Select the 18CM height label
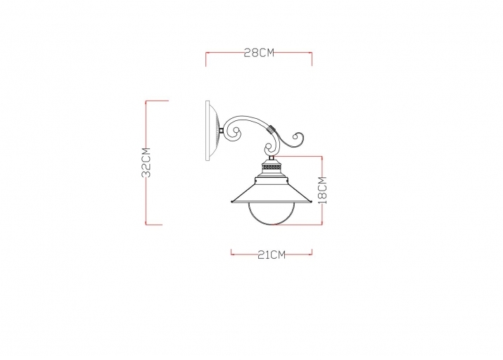click(322, 190)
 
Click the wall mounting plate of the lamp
click(209, 131)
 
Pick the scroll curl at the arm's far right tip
click(298, 139)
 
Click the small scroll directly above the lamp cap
click(269, 150)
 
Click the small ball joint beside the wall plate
click(222, 131)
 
